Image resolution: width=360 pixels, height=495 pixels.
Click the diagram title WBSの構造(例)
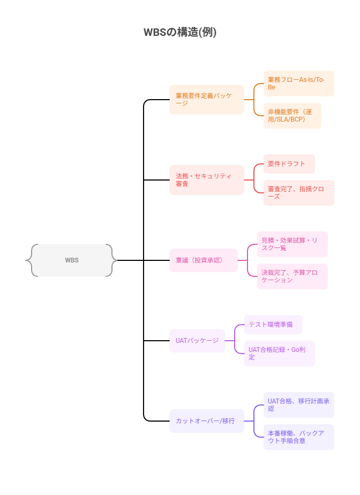pos(180,32)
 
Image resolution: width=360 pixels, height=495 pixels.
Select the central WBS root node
pos(72,260)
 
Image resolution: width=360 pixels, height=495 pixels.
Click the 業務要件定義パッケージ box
pos(206,100)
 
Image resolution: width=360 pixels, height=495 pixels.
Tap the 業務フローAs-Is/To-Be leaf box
pos(298,84)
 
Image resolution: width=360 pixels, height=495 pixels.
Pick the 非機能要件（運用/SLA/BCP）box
pos(292,116)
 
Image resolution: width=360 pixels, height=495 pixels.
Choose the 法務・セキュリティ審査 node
pos(206,180)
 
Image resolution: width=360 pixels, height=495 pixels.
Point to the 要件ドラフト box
pos(289,164)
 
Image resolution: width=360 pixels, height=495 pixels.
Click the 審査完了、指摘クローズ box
pos(298,193)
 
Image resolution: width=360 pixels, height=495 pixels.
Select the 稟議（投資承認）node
pos(203,260)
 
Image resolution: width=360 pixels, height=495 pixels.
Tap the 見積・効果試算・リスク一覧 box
pos(292,244)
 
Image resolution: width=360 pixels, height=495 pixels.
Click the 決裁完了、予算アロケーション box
pos(292,276)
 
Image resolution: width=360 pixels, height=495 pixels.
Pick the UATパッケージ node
pos(197,341)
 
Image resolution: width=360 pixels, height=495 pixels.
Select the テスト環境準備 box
pos(273,325)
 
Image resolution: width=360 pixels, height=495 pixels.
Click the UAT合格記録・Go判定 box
pos(279,354)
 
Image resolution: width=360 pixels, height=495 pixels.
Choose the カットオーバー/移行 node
pos(206,421)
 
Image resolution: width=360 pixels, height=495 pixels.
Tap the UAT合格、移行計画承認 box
pos(298,405)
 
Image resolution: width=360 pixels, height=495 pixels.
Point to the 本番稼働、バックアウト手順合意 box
pos(298,437)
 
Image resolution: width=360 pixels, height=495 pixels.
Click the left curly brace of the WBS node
pos(29,260)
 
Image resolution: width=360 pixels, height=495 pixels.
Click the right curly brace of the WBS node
pos(114,260)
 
